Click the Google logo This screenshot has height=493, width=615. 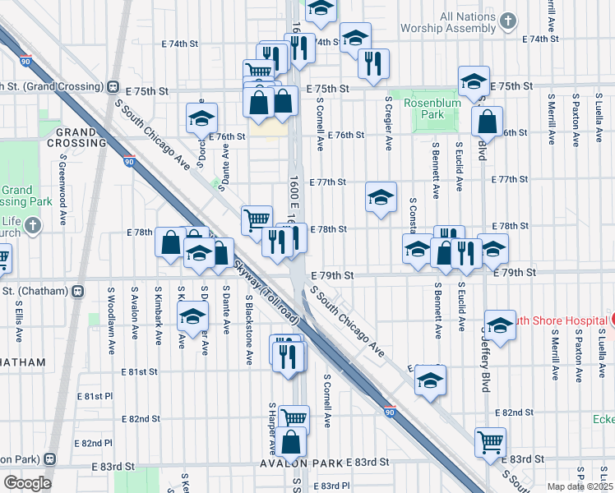click(x=27, y=483)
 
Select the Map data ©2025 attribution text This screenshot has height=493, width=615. click(x=580, y=486)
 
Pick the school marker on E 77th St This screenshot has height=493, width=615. click(x=381, y=197)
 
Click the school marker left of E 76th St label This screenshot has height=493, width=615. click(x=201, y=119)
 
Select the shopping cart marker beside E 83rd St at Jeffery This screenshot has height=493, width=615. click(x=490, y=441)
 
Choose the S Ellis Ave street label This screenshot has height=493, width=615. click(x=18, y=316)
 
